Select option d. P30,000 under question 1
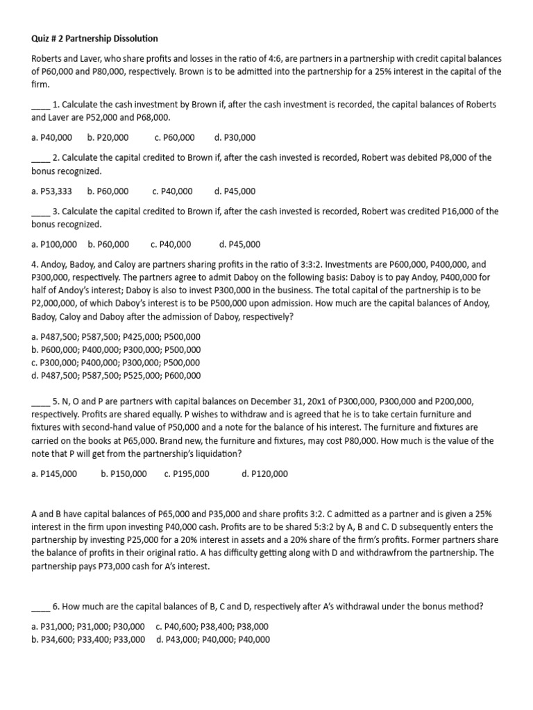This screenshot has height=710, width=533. [x=235, y=137]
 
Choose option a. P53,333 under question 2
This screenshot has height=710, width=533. [x=51, y=191]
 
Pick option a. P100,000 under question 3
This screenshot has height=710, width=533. [x=54, y=244]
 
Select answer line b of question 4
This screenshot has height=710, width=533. [x=116, y=350]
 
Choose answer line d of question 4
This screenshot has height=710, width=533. [x=116, y=376]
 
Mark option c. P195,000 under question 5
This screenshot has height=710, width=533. [x=187, y=474]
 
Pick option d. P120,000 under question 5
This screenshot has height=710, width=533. [x=264, y=474]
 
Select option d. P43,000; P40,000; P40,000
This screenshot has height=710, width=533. [x=213, y=639]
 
